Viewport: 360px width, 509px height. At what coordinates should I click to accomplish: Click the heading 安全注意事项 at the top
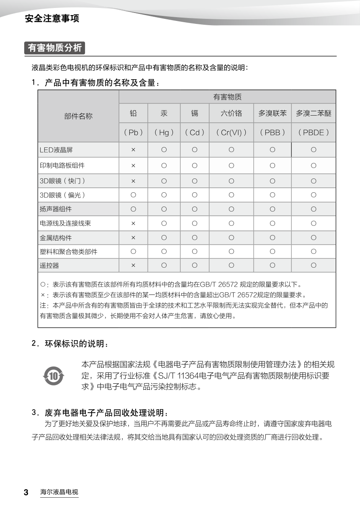52,18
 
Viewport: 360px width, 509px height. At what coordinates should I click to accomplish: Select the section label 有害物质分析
55,48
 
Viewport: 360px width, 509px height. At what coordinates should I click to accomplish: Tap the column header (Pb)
133,132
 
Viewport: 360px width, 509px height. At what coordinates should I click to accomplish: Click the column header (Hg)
164,132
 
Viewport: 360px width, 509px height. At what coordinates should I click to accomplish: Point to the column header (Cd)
195,132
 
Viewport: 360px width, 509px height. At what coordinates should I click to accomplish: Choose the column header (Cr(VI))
231,132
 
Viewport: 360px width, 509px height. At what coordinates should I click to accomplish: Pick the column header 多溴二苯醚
314,113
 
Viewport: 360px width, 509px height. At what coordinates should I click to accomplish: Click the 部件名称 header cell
78,116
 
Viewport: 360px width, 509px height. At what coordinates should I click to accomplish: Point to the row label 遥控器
49,266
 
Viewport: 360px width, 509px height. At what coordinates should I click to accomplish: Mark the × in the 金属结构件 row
133,238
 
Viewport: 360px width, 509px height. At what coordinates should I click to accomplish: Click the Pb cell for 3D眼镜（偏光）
133,195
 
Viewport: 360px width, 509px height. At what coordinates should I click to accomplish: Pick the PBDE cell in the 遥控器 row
314,265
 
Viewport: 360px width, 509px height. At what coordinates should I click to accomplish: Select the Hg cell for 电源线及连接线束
164,223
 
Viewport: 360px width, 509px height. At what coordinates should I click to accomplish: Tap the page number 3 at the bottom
26,492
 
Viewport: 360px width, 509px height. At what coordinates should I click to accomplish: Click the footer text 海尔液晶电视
59,492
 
